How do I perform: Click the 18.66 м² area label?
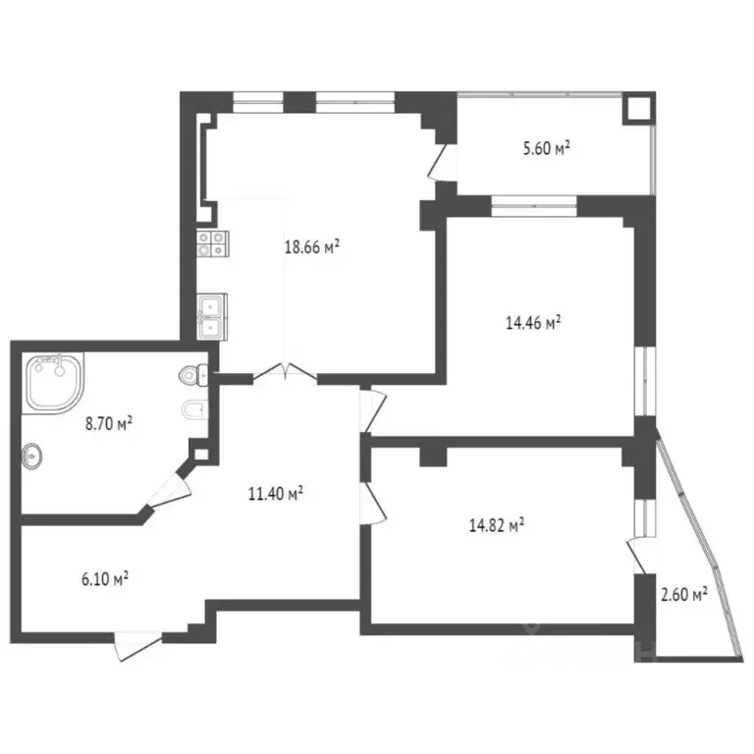(x=312, y=248)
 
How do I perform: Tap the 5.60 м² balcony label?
(x=547, y=149)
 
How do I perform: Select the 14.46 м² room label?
(x=533, y=321)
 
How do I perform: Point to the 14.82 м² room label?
(x=495, y=525)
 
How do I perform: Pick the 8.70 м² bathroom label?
(x=109, y=424)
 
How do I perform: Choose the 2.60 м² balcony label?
(x=684, y=594)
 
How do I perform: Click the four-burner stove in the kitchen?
(x=211, y=243)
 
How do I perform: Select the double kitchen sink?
(x=211, y=316)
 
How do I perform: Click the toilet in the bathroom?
(x=195, y=374)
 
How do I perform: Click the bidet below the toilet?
(x=193, y=409)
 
